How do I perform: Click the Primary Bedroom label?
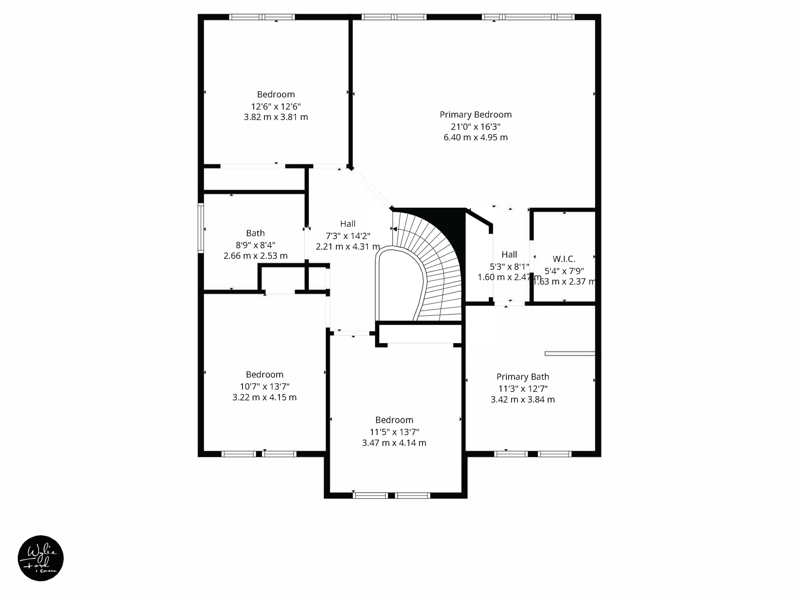point(475,115)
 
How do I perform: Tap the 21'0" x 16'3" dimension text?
point(475,127)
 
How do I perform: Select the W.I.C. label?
point(564,259)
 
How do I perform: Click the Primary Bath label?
point(522,377)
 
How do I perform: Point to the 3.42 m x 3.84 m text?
point(522,399)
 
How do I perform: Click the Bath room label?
point(255,233)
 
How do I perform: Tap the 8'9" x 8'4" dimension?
point(255,245)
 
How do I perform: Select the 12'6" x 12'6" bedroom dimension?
point(275,106)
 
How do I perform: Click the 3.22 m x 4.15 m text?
point(264,397)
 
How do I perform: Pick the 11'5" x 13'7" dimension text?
point(394,432)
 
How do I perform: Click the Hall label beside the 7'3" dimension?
point(348,224)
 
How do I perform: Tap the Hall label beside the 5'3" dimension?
point(509,255)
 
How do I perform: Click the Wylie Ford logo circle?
point(41,558)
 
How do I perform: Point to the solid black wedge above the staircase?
point(449,222)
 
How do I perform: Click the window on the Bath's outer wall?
point(201,228)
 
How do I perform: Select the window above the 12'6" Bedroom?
point(261,17)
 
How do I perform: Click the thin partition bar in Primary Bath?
point(570,354)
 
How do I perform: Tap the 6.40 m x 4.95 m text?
point(475,137)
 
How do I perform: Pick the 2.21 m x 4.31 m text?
point(348,247)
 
